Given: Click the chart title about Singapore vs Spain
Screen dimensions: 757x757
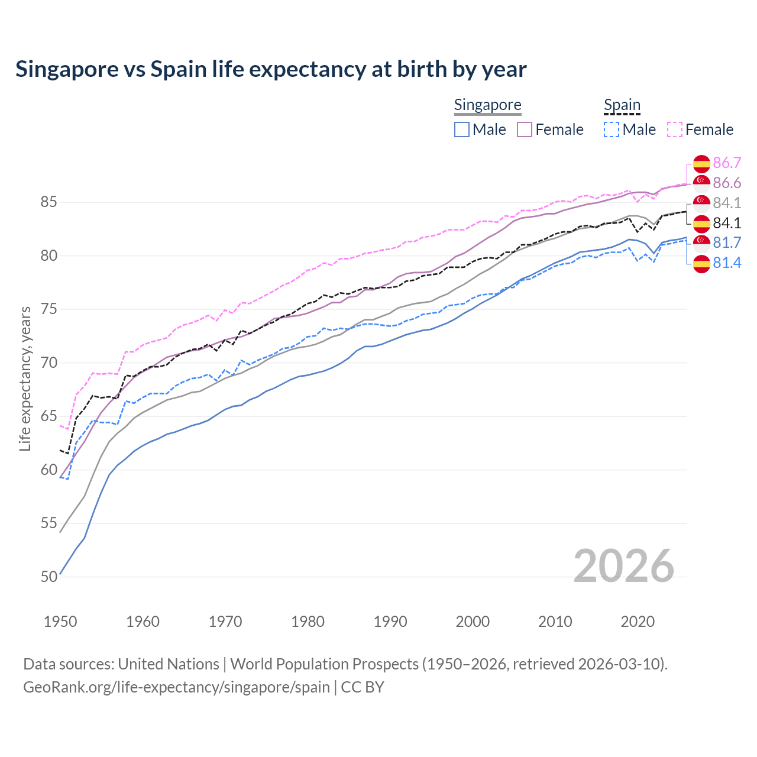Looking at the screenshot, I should [271, 69].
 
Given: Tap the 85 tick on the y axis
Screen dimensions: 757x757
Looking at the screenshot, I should [48, 202].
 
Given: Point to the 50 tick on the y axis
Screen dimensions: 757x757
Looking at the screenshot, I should [48, 577].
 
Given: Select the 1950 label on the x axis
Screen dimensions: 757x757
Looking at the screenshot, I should [60, 622].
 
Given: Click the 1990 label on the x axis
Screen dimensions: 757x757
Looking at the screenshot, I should [390, 622].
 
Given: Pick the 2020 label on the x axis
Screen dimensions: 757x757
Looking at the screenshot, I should [638, 622].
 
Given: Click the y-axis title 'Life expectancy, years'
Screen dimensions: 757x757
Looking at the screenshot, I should [25, 378].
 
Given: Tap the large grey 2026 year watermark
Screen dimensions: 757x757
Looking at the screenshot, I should [623, 566].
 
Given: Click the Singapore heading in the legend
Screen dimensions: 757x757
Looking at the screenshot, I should [487, 105].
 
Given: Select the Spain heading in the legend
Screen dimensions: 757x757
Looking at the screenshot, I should [622, 105].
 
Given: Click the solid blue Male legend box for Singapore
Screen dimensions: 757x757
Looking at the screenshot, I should [462, 130].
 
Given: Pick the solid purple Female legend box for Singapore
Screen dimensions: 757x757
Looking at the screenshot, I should [525, 130].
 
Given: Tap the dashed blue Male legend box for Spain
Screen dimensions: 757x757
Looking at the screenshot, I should [612, 130].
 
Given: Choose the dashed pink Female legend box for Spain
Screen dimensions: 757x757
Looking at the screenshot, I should [675, 130].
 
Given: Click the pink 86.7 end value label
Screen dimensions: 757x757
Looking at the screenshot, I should [727, 163].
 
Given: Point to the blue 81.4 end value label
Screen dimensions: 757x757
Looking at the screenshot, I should [727, 263].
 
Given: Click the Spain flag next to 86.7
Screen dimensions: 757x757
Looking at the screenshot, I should [701, 164].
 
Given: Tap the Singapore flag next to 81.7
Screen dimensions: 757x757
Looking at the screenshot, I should [701, 242].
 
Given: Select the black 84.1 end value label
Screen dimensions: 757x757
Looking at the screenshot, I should [727, 223].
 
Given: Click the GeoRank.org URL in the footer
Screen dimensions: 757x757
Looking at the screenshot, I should [176, 687].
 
